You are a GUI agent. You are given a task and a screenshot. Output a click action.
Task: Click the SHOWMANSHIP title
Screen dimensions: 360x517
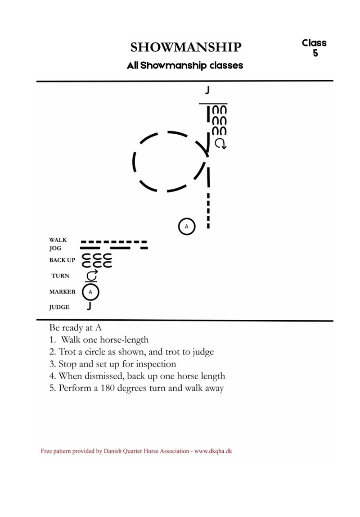(186, 47)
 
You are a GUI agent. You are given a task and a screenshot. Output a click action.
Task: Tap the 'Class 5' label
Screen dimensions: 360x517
(314, 48)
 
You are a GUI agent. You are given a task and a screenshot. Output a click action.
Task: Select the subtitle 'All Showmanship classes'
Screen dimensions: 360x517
(185, 65)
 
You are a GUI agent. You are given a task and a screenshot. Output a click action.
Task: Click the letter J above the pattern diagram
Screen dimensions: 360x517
(207, 90)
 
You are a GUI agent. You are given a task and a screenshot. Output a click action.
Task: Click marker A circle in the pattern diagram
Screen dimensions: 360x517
(187, 227)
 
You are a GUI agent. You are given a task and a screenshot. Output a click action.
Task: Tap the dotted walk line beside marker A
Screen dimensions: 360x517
(208, 211)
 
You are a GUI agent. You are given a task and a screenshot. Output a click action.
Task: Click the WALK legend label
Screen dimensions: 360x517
(58, 240)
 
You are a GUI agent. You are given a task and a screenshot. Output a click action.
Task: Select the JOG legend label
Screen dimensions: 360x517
(55, 248)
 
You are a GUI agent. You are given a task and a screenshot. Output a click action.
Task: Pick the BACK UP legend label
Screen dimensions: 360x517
(62, 260)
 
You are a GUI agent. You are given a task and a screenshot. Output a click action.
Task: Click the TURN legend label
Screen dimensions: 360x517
(60, 276)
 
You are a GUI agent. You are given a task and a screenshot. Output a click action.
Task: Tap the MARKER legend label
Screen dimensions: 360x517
(62, 291)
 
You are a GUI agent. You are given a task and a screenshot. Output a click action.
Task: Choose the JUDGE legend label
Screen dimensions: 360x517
(59, 307)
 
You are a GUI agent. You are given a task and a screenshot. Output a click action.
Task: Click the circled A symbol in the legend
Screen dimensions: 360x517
(90, 292)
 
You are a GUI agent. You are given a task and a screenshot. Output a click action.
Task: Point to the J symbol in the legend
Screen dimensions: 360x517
(89, 306)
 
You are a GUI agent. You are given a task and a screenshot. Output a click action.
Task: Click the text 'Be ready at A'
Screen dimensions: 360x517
(76, 328)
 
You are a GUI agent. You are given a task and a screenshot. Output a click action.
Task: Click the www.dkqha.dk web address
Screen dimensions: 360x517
(213, 451)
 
